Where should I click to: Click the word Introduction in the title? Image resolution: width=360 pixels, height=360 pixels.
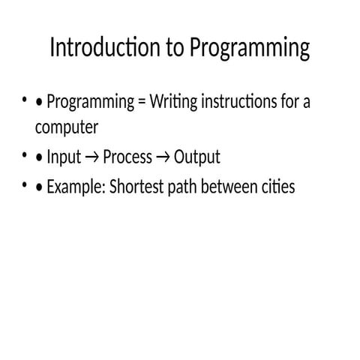click(105, 47)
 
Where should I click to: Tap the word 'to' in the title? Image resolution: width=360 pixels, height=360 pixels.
click(175, 47)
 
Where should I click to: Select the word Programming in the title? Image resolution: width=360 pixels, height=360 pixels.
click(250, 49)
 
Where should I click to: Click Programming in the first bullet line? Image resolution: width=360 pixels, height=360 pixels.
click(91, 102)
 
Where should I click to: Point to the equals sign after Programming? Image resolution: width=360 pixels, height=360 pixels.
click(142, 103)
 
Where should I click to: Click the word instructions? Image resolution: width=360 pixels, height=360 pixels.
click(239, 101)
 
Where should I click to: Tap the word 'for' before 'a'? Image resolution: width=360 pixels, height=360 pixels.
click(289, 101)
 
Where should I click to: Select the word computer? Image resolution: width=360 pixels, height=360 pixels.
click(67, 127)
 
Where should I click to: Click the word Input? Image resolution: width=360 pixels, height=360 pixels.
click(64, 157)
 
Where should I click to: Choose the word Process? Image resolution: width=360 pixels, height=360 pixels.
click(127, 157)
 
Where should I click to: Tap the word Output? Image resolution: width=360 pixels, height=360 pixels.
click(197, 157)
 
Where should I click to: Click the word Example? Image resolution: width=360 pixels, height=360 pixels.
click(76, 187)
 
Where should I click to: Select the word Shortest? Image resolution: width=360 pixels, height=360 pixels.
click(136, 187)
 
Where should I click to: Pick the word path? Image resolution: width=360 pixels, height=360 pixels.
click(182, 187)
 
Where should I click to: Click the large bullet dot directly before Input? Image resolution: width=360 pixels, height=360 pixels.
click(39, 157)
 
